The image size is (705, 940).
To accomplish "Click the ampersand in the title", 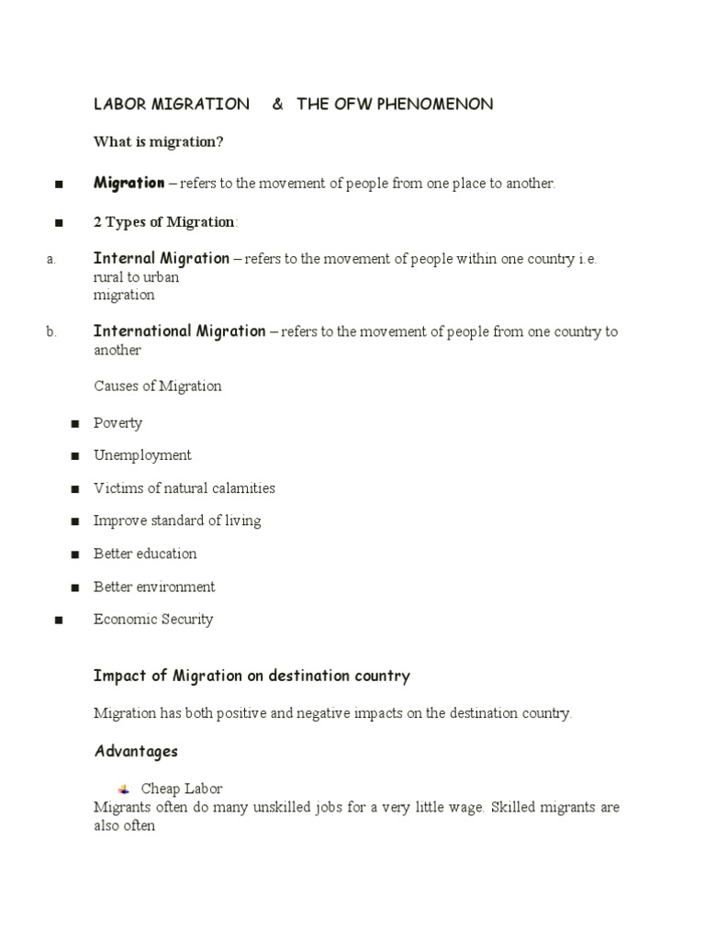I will [277, 105].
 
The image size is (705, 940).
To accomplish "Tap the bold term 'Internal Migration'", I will [162, 258].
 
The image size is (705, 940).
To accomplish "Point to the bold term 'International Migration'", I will [180, 331].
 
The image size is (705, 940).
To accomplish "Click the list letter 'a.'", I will [51, 259].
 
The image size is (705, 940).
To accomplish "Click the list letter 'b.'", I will [51, 332].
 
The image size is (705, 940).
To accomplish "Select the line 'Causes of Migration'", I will [158, 386].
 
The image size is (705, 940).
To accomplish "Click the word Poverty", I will [117, 423].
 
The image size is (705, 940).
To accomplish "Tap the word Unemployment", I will [142, 455].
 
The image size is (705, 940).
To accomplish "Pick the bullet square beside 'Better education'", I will [75, 554].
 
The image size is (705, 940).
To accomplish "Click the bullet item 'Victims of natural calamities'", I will [184, 488].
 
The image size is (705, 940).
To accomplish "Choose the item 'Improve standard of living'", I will [177, 520].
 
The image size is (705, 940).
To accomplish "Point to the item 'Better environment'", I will [154, 587].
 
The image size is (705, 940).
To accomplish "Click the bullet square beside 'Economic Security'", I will [58, 621].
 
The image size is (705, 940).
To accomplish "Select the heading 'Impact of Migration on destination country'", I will [252, 677].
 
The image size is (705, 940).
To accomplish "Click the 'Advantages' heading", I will [136, 752].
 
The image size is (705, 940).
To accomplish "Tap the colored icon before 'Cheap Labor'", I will [124, 789].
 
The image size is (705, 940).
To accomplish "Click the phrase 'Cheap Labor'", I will [182, 789].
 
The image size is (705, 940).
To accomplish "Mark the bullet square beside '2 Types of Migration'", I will [58, 223].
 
